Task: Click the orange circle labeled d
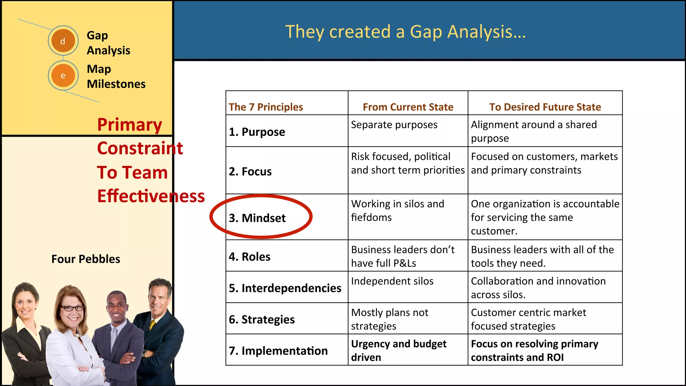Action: pos(63,41)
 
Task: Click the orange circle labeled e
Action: pos(63,75)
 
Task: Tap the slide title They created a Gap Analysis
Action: pos(405,32)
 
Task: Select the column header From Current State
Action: pos(408,107)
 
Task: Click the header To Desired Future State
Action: pos(545,107)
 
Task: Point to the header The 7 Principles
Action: pos(266,107)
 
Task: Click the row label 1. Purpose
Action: pos(257,132)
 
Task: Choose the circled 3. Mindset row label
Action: pos(257,218)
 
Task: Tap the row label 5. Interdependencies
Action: pos(285,288)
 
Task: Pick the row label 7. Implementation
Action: pos(278,350)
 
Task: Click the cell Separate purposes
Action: pos(394,125)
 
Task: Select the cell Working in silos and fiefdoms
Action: pos(398,210)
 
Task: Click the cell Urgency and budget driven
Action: pos(399,350)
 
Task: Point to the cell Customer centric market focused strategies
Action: pos(528,319)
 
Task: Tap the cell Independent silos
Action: pos(392,281)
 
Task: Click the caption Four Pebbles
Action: pos(86,259)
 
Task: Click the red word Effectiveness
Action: pos(151,196)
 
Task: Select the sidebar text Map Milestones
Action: pos(116,76)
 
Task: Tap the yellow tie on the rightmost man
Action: pos(152,325)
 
